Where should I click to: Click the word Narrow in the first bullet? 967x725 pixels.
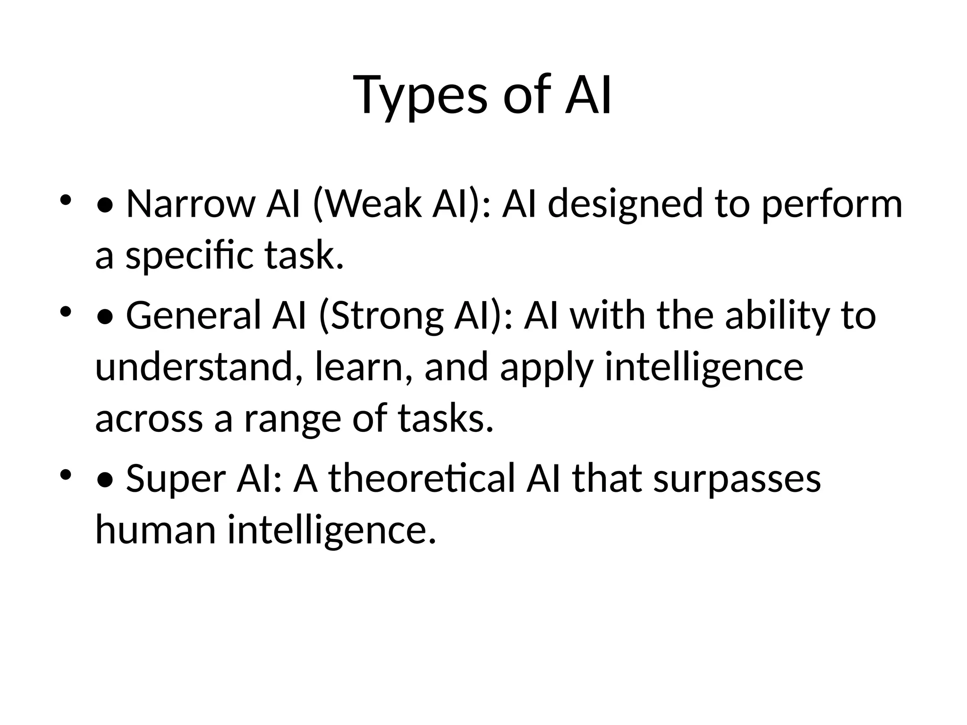tap(190, 204)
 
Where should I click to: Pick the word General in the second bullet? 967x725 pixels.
tap(194, 315)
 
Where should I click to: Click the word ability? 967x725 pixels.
tap(777, 315)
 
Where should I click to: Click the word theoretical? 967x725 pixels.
tap(421, 478)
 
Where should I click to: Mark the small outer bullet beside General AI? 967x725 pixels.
tap(66, 312)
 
